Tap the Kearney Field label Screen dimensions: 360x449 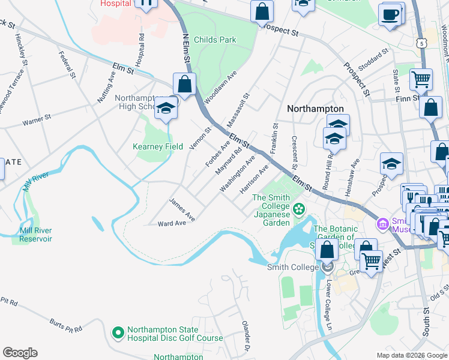click(158, 146)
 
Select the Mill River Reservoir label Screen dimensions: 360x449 click(35, 235)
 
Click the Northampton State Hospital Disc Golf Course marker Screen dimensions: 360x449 click(118, 331)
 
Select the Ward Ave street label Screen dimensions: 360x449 click(172, 224)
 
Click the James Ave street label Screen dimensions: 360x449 click(182, 209)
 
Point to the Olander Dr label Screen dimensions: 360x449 click(246, 338)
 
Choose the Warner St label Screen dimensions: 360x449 click(35, 122)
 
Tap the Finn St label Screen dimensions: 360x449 click(407, 98)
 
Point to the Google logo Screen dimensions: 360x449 click(20, 353)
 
